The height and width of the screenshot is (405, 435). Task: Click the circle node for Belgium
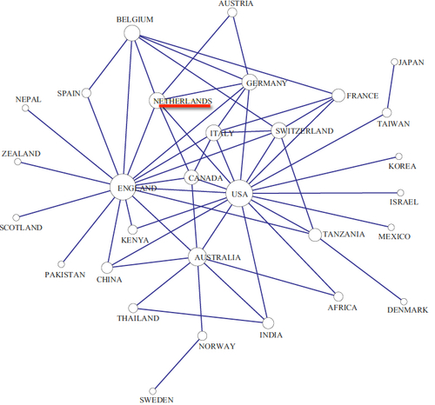132,33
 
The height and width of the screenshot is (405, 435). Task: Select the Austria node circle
232,12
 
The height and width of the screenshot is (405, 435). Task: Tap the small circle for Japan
394,62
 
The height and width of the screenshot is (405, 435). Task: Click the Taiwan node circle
386,112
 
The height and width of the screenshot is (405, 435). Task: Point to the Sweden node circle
152,391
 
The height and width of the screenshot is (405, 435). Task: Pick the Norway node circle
202,335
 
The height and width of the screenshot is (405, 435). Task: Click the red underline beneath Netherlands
184,106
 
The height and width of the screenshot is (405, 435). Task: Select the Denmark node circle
404,302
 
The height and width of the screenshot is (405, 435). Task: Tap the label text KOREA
402,166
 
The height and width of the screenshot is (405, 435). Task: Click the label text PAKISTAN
65,275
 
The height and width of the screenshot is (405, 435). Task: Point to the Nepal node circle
25,108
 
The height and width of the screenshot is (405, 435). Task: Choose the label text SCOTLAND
21,228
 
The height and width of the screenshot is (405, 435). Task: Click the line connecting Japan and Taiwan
391,87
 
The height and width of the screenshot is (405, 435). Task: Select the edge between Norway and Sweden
177,363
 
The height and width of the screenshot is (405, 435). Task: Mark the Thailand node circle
133,308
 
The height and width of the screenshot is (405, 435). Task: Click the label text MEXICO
394,236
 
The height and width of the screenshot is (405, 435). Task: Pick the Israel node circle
400,193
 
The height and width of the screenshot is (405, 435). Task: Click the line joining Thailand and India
200,315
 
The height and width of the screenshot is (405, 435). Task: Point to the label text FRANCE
363,96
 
